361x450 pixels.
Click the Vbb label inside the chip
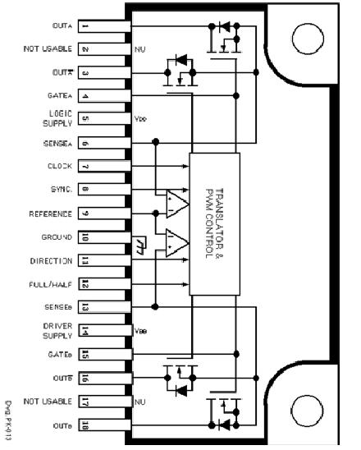pos(140,331)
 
